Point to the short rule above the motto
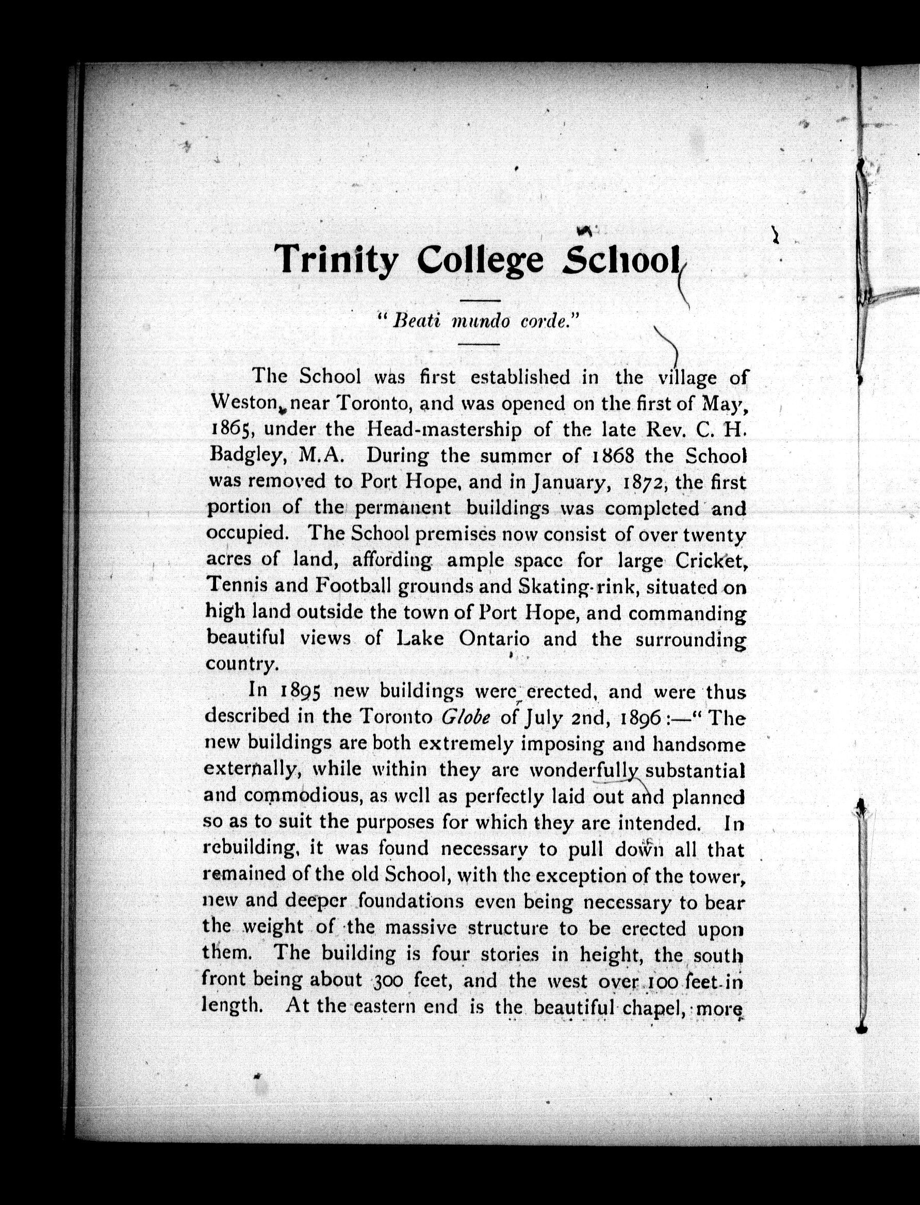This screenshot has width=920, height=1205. click(480, 301)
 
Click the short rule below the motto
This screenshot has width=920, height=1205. click(479, 345)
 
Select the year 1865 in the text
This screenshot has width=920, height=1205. click(231, 430)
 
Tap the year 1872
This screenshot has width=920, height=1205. click(644, 481)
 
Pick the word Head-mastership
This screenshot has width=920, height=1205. click(443, 430)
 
